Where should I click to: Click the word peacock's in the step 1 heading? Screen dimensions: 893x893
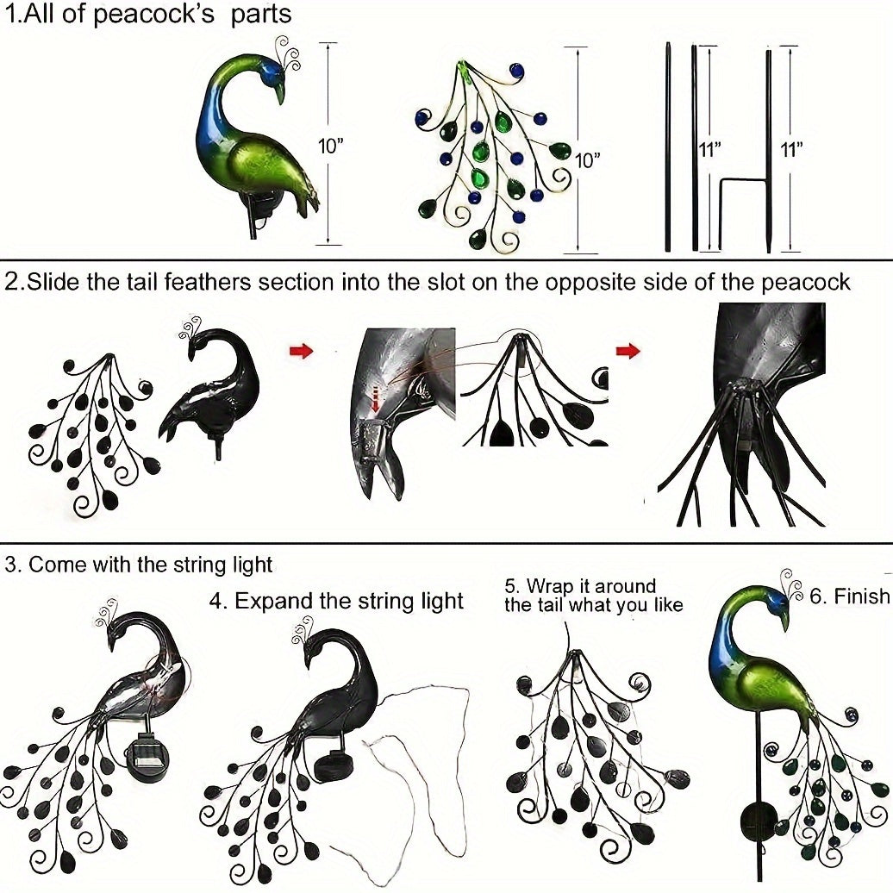[x=164, y=15]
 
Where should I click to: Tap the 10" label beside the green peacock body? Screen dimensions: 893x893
[x=331, y=146]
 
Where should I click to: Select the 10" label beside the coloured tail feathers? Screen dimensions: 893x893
[x=587, y=160]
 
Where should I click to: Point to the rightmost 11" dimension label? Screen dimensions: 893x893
[x=790, y=149]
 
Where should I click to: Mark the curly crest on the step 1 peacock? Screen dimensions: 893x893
[x=287, y=53]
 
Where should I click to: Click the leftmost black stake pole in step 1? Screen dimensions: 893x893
[x=667, y=147]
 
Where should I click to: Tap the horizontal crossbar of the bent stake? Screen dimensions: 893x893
[x=743, y=179]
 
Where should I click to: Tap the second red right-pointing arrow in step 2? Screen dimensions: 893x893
[x=629, y=350]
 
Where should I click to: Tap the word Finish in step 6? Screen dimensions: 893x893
[x=860, y=596]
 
